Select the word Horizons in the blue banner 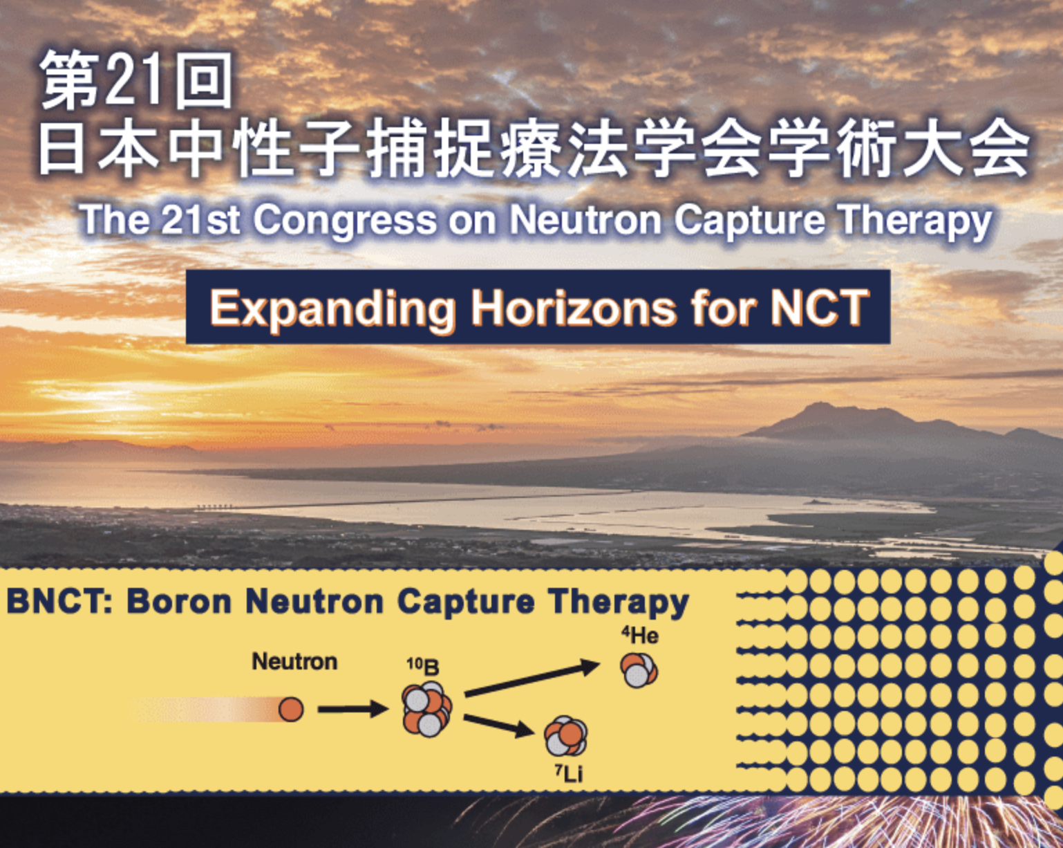(x=574, y=308)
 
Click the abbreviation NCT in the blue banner (x=819, y=308)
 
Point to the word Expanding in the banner (x=332, y=308)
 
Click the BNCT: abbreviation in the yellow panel (x=59, y=601)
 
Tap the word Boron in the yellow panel (x=179, y=601)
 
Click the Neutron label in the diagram (x=294, y=661)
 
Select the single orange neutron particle (x=291, y=709)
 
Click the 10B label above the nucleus (x=422, y=666)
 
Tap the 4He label (x=639, y=635)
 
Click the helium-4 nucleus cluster (x=639, y=670)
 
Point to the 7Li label (x=569, y=773)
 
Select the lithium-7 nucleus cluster (x=566, y=736)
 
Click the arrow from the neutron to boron (x=352, y=709)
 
